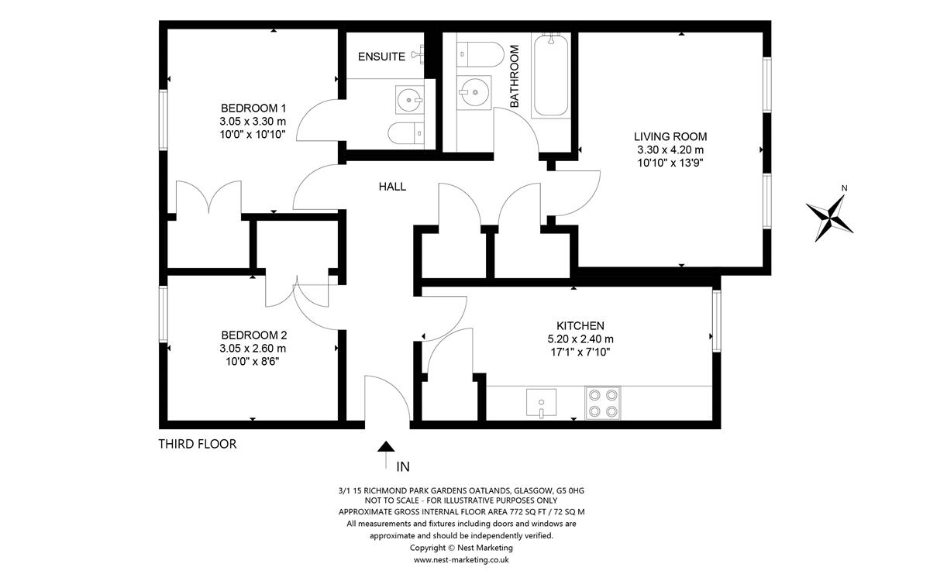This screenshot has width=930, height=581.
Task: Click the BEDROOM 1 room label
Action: coord(253,108)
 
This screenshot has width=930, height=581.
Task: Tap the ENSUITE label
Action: coord(381,57)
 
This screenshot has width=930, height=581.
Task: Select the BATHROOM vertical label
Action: coord(515,76)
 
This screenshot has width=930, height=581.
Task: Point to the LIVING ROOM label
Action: coord(670,136)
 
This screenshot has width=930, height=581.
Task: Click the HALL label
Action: coord(392,187)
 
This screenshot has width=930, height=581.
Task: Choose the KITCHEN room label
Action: coord(580,326)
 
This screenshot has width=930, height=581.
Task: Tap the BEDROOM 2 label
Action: coord(253,335)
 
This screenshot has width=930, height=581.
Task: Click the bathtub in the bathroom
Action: coord(551,75)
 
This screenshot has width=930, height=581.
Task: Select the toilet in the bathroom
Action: coord(480,54)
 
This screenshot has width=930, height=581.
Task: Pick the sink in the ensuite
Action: coord(410,100)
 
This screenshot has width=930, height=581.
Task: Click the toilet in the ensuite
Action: coord(406,133)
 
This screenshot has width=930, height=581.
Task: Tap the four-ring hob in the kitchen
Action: coord(603,403)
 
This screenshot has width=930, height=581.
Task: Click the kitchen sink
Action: coord(542,403)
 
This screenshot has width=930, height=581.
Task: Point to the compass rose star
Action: coord(829,218)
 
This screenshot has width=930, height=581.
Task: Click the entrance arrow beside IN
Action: coord(386,455)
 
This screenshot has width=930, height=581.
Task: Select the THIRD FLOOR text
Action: coord(197,444)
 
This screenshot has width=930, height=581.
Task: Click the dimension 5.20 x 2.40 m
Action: coord(580,339)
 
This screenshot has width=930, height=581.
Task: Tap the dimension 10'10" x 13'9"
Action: coord(670,163)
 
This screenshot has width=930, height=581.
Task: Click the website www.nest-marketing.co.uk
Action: coord(461,560)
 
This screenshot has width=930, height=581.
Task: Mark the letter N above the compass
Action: coord(844,188)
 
